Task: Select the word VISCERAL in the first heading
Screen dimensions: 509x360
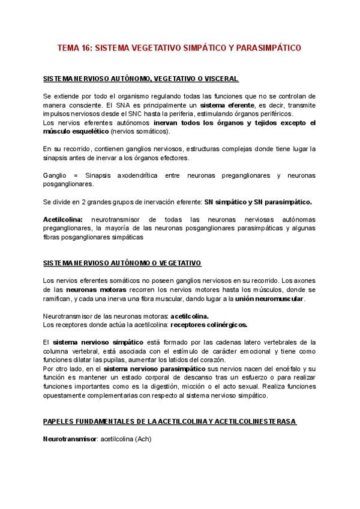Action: pyautogui.click(x=221, y=79)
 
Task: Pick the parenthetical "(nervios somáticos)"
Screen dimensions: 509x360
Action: pyautogui.click(x=140, y=131)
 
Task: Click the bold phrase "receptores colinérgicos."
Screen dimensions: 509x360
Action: pyautogui.click(x=209, y=325)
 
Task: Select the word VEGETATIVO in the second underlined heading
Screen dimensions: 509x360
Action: pyautogui.click(x=178, y=263)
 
